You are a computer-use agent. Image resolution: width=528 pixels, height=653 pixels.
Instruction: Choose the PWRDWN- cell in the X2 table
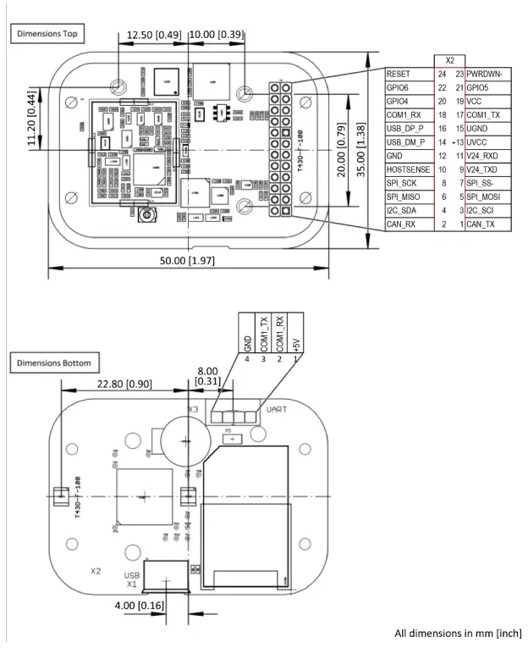tap(487, 75)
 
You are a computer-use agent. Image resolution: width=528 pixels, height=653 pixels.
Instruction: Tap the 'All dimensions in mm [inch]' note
tap(458, 633)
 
